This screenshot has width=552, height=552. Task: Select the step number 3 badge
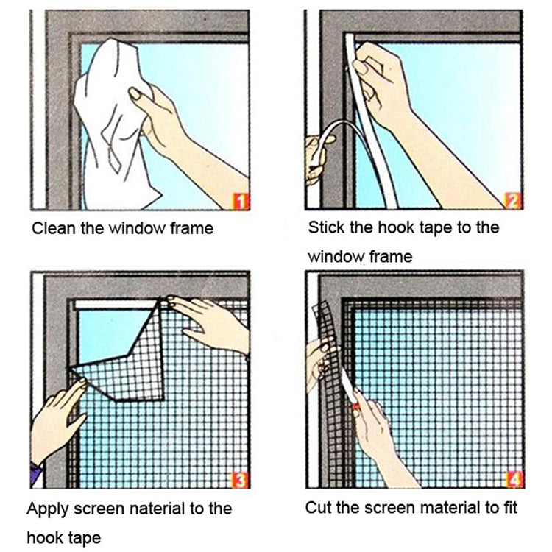(240, 480)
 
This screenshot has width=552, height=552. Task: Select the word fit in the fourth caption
(507, 507)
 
